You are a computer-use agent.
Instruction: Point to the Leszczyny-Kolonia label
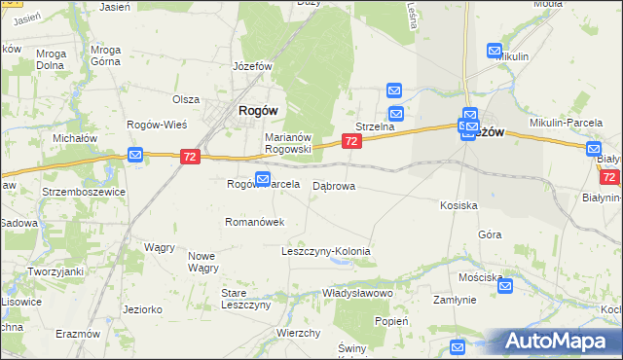(x=325, y=251)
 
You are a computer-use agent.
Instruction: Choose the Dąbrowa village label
(x=333, y=185)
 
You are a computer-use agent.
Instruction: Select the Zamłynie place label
(x=455, y=301)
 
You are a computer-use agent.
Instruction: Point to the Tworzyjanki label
(x=55, y=271)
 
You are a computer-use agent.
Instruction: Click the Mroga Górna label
(x=105, y=56)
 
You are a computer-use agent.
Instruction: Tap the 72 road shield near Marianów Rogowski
(x=352, y=142)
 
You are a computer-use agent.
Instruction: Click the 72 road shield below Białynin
(x=610, y=177)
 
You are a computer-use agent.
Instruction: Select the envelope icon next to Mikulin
(x=495, y=51)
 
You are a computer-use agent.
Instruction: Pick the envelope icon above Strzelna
(x=394, y=90)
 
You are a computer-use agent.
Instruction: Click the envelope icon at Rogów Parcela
(x=263, y=178)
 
